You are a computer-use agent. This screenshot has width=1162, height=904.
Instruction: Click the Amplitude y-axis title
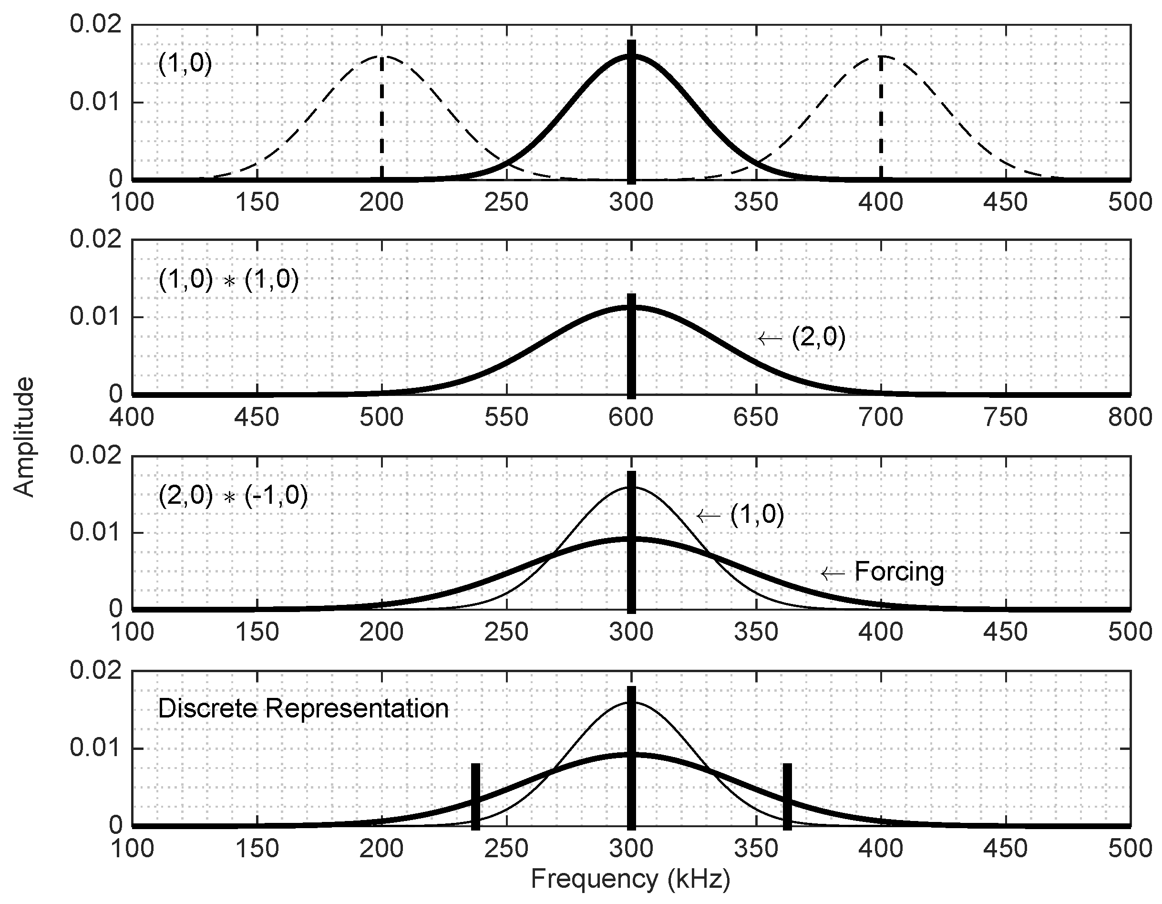(23, 437)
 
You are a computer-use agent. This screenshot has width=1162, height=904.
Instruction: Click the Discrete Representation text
(303, 708)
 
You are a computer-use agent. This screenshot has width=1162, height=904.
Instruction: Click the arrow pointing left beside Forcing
(833, 574)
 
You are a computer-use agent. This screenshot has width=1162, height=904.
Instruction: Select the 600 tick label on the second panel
(631, 417)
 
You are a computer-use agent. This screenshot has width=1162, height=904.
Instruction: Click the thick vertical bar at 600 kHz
(631, 346)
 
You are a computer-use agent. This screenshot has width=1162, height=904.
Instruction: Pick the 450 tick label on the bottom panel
(1005, 848)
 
